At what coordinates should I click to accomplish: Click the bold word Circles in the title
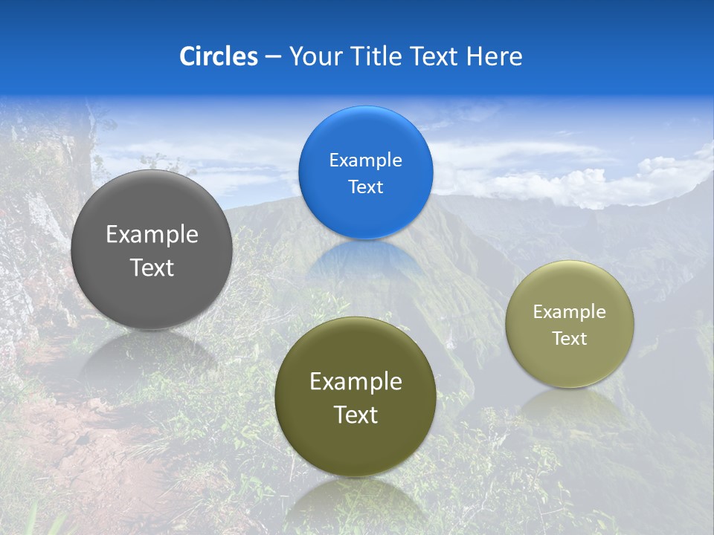pos(218,56)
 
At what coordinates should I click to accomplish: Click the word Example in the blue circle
pos(365,160)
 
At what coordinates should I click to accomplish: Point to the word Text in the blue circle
pos(365,187)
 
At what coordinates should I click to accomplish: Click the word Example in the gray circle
pos(152,235)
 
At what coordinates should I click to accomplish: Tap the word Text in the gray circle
pos(152,268)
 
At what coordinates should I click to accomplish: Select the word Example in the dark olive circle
pos(356,382)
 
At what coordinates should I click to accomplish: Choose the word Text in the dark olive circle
pos(356,415)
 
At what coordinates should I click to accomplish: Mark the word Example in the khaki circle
pos(569,312)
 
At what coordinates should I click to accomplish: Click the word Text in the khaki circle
pos(569,339)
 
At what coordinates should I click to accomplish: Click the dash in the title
pos(273,56)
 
